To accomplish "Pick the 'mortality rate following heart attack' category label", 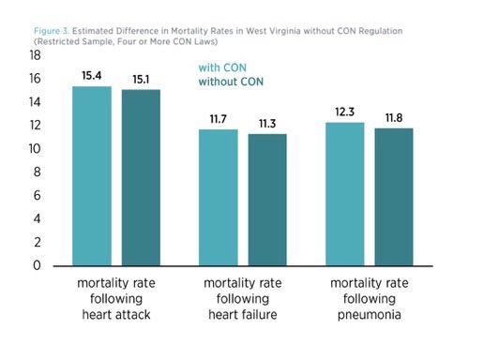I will [x=116, y=297].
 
